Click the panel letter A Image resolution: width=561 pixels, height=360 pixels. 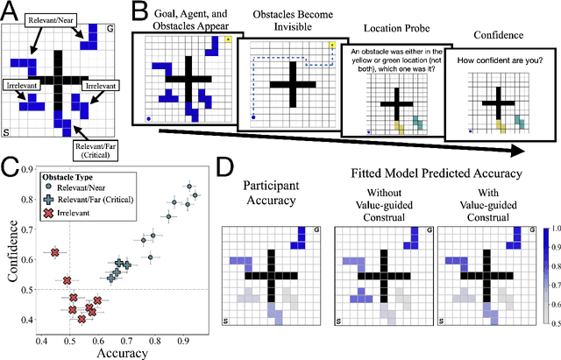coord(8,8)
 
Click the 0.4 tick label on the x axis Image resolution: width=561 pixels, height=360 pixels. coord(42,340)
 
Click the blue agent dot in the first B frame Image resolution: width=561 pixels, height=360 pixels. coord(148,116)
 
